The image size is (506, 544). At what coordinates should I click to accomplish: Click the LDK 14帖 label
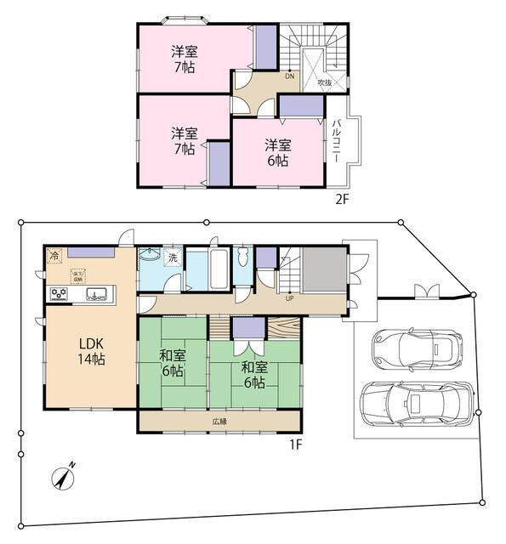pyautogui.click(x=91, y=351)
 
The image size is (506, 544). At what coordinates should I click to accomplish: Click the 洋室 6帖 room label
pyautogui.click(x=277, y=151)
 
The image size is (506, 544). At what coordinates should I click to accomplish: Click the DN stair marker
pyautogui.click(x=290, y=75)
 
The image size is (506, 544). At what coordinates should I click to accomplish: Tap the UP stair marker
pyautogui.click(x=289, y=298)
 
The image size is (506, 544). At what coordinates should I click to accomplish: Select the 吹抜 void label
pyautogui.click(x=324, y=82)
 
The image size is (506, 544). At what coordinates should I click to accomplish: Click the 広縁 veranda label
pyautogui.click(x=219, y=422)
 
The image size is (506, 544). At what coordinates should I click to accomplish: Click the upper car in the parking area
pyautogui.click(x=416, y=346)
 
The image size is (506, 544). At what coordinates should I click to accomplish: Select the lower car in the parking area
pyautogui.click(x=417, y=402)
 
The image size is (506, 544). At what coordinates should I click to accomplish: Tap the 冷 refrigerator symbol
pyautogui.click(x=54, y=255)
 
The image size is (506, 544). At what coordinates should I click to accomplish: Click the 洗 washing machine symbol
pyautogui.click(x=172, y=258)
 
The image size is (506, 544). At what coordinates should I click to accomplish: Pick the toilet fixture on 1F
pyautogui.click(x=243, y=256)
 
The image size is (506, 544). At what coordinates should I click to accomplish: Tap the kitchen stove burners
pyautogui.click(x=60, y=294)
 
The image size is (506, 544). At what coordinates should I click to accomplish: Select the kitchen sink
pyautogui.click(x=95, y=295)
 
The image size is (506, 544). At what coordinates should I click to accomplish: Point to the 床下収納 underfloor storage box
pyautogui.click(x=77, y=274)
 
